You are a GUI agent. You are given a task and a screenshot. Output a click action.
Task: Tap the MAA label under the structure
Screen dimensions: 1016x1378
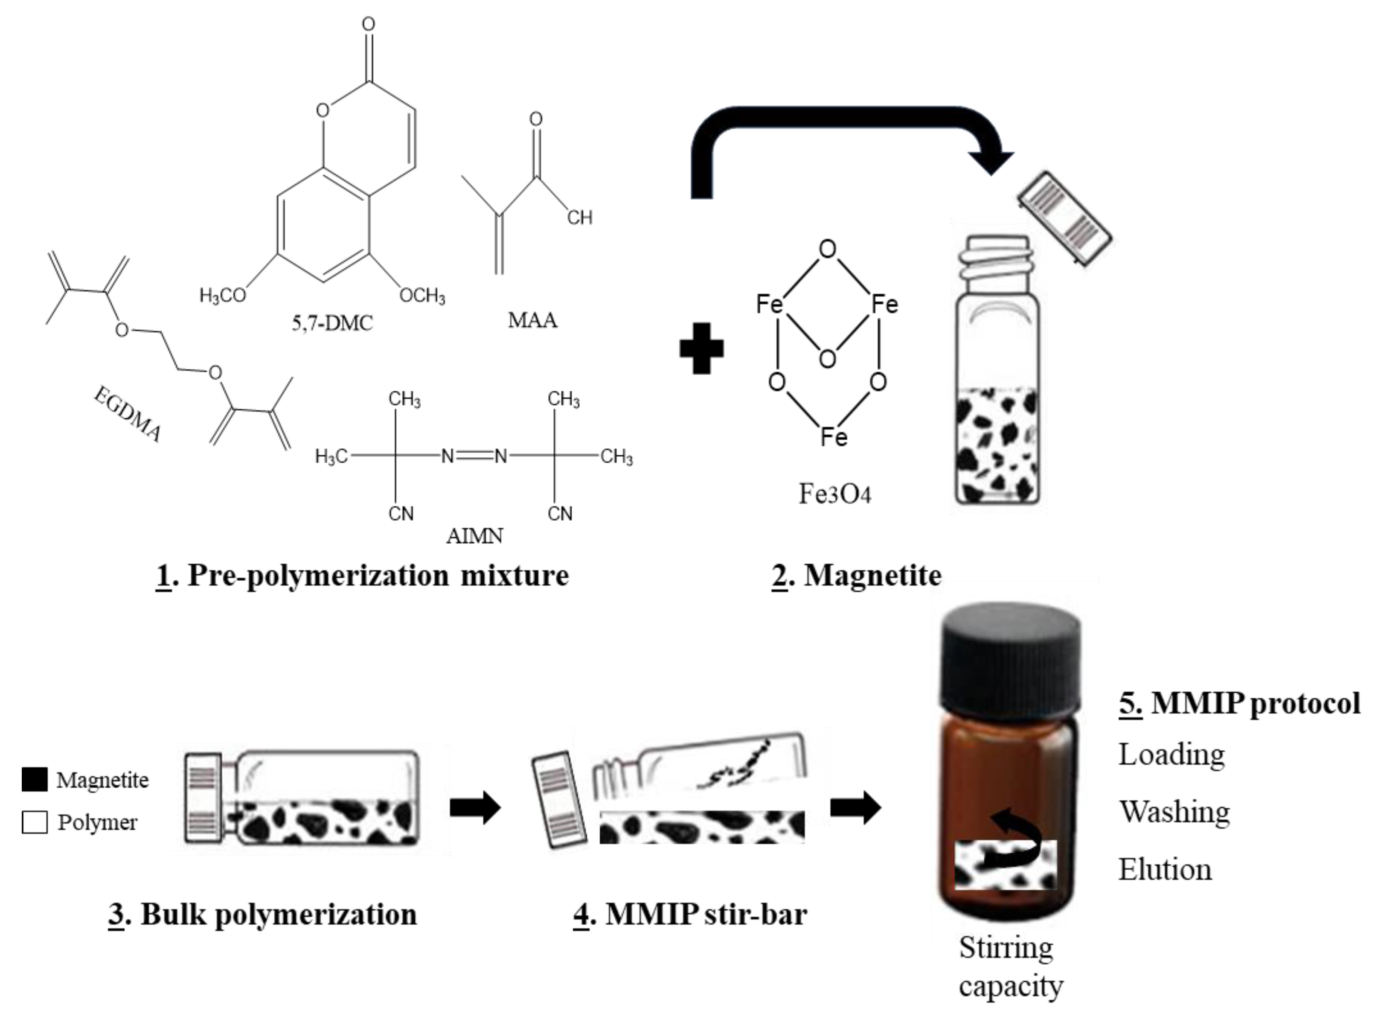coord(533,320)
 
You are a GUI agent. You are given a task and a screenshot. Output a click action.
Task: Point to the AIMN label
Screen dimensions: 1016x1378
coord(474,536)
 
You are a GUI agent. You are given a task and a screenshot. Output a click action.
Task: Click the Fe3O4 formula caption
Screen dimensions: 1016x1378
coord(835,494)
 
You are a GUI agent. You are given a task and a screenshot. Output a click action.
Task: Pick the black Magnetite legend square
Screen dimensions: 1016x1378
coord(35,779)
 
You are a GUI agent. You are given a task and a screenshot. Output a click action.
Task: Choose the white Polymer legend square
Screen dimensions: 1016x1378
coord(35,822)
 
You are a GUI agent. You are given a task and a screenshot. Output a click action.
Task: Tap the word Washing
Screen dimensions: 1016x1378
coord(1174,812)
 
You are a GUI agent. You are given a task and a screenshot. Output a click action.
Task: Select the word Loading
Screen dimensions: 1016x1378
coord(1172,755)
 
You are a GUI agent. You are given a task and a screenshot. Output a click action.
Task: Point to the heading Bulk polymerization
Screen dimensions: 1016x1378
coord(263,914)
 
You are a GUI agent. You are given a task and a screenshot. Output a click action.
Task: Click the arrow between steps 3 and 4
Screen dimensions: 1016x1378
coord(475,807)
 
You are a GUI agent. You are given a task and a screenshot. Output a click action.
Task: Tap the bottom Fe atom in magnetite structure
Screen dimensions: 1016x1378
coord(834,437)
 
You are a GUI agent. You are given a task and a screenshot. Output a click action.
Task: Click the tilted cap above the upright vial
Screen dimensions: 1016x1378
coord(1064,219)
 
